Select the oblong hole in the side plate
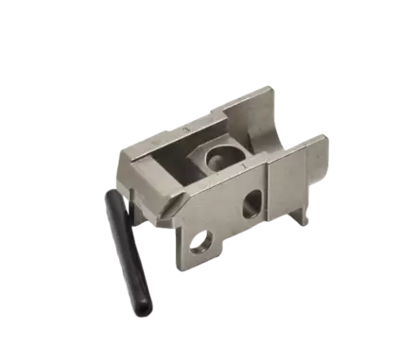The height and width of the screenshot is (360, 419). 253,201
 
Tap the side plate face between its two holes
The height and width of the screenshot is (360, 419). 227,222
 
